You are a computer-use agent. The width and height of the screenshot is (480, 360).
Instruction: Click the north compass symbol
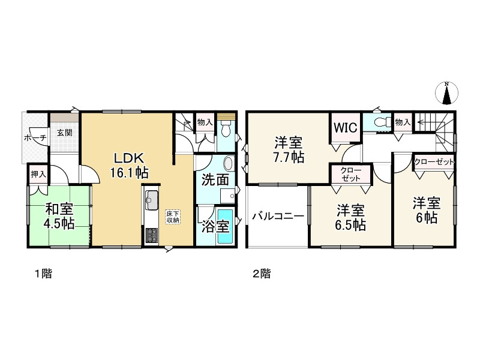click(446, 92)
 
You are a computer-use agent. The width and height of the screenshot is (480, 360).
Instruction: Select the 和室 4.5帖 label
click(59, 216)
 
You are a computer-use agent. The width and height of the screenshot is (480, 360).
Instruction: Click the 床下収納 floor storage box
click(172, 216)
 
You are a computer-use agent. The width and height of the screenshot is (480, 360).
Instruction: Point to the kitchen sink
click(151, 198)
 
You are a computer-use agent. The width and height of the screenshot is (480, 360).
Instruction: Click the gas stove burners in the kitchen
click(151, 236)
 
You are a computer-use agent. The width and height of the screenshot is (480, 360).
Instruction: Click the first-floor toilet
click(225, 128)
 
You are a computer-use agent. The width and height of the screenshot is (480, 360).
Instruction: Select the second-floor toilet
click(380, 122)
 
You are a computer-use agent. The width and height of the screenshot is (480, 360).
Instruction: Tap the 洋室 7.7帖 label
click(289, 150)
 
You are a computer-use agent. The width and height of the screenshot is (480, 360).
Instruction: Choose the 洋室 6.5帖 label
click(350, 217)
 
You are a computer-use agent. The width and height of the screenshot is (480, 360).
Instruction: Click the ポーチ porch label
click(34, 137)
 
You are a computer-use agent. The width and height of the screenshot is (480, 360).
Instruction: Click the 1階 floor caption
click(42, 274)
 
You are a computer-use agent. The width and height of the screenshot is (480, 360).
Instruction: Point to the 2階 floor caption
click(261, 274)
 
